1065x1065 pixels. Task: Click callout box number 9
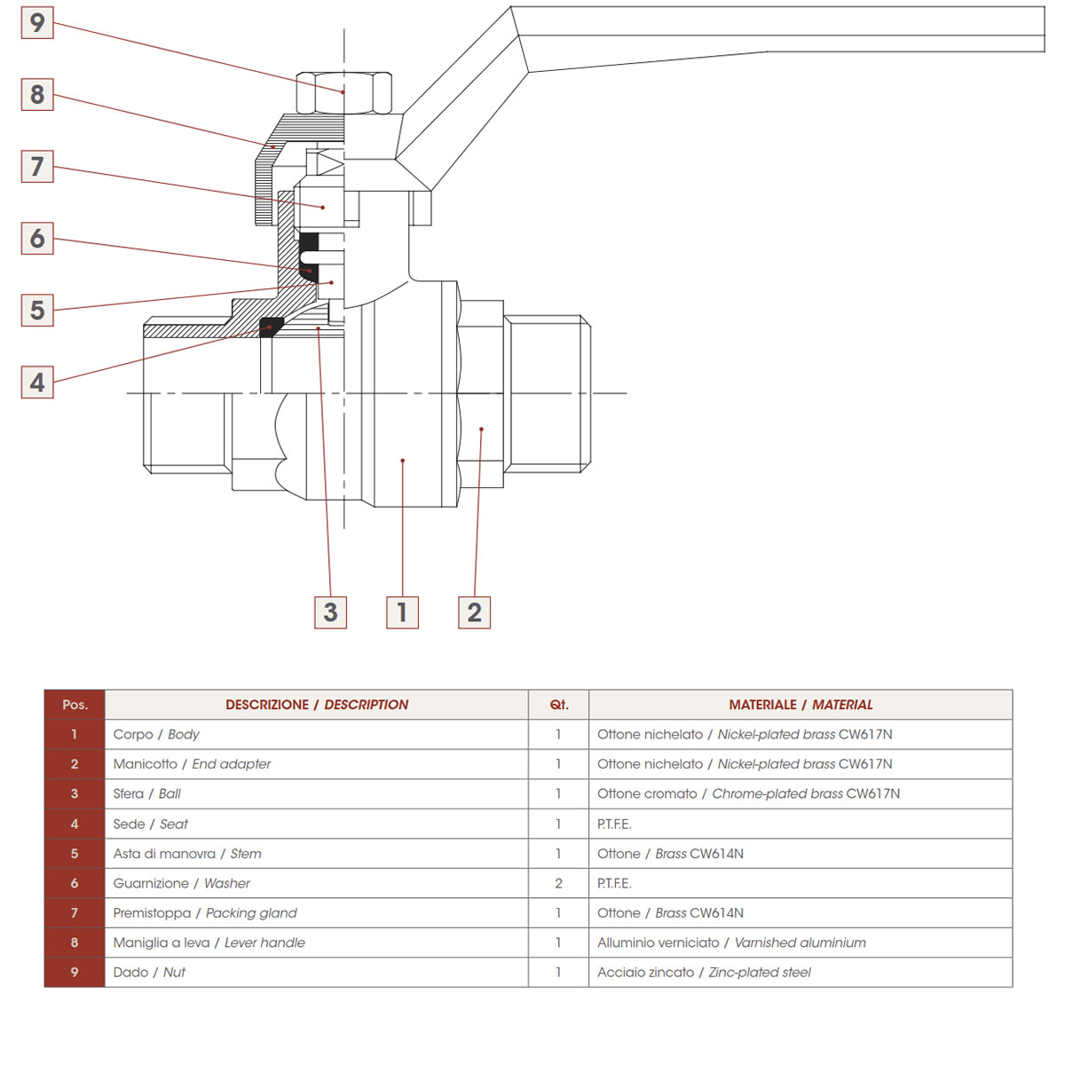pos(37,22)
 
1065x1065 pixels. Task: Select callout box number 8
pos(37,94)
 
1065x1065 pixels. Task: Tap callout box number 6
pos(37,238)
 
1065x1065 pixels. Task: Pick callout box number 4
pos(37,383)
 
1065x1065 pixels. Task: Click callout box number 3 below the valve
pos(330,612)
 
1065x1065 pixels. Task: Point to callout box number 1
pos(402,612)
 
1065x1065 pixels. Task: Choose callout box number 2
pos(474,612)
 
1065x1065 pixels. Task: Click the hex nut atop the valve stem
pos(343,92)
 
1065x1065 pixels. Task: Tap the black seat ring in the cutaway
pos(271,326)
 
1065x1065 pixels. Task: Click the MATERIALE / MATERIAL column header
pos(801,705)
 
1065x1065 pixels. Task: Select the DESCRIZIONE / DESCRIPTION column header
pos(317,705)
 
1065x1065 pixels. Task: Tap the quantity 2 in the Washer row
pos(558,883)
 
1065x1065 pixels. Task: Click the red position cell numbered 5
pos(75,854)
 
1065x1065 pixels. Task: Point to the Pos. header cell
pos(75,705)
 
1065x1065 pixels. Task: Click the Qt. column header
pos(558,705)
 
